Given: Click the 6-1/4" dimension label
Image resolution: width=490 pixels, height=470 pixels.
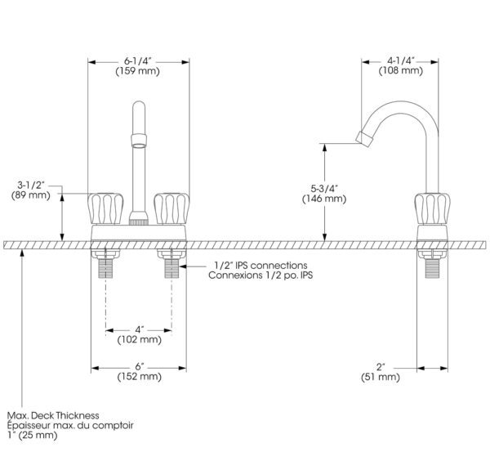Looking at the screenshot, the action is click(x=138, y=60).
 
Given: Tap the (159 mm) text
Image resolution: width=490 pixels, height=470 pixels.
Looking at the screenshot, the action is click(x=138, y=71).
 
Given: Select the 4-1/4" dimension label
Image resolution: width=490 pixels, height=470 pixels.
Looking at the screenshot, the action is click(x=401, y=60).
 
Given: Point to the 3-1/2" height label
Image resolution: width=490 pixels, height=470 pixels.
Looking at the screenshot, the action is click(x=31, y=185).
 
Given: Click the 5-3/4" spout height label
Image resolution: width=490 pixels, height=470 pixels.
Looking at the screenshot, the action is click(x=324, y=189).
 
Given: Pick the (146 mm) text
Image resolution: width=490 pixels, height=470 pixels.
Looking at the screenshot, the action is click(x=324, y=199).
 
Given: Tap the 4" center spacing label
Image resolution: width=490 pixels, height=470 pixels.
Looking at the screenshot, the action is click(x=140, y=329).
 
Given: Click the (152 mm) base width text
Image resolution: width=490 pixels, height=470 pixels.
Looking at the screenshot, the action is click(x=140, y=377).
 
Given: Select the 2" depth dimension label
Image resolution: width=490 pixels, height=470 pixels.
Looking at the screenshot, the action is click(x=381, y=367).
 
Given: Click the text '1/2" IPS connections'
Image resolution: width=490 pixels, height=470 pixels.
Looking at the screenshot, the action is click(x=261, y=266).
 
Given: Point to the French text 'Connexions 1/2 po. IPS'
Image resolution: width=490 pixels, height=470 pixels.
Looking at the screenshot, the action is click(x=261, y=275).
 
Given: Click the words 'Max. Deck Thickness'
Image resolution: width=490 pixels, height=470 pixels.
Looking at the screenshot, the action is click(x=53, y=415).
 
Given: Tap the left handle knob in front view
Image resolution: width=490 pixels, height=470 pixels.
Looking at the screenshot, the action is click(x=105, y=208).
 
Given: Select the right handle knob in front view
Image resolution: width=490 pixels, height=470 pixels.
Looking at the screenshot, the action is click(x=171, y=208).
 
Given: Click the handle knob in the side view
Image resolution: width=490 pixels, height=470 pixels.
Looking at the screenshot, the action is click(x=433, y=208).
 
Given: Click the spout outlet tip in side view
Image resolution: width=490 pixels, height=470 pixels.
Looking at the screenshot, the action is click(x=364, y=139).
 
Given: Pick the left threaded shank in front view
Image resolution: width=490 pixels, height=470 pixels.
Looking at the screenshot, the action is click(x=105, y=268).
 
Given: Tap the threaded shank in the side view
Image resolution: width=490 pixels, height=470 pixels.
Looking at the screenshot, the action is click(x=433, y=268).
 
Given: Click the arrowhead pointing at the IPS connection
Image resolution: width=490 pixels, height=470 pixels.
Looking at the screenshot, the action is click(x=183, y=266).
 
